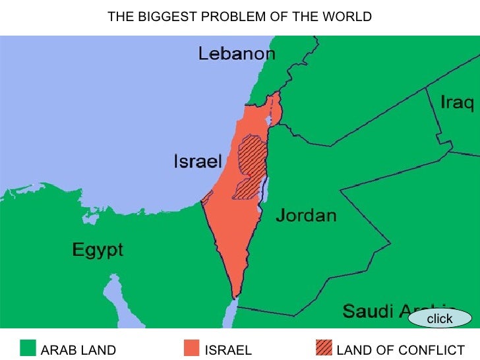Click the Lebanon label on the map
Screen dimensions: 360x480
[237, 54]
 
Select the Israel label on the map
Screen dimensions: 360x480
[196, 161]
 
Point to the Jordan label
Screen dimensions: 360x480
[305, 215]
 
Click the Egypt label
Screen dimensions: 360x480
[97, 250]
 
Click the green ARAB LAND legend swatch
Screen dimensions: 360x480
[28, 349]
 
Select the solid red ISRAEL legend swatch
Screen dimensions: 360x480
[192, 349]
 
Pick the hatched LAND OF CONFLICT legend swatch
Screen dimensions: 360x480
[324, 349]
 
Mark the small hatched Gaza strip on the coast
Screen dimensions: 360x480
[206, 196]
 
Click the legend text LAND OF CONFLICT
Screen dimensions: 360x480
[400, 350]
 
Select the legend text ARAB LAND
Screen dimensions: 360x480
[78, 350]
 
